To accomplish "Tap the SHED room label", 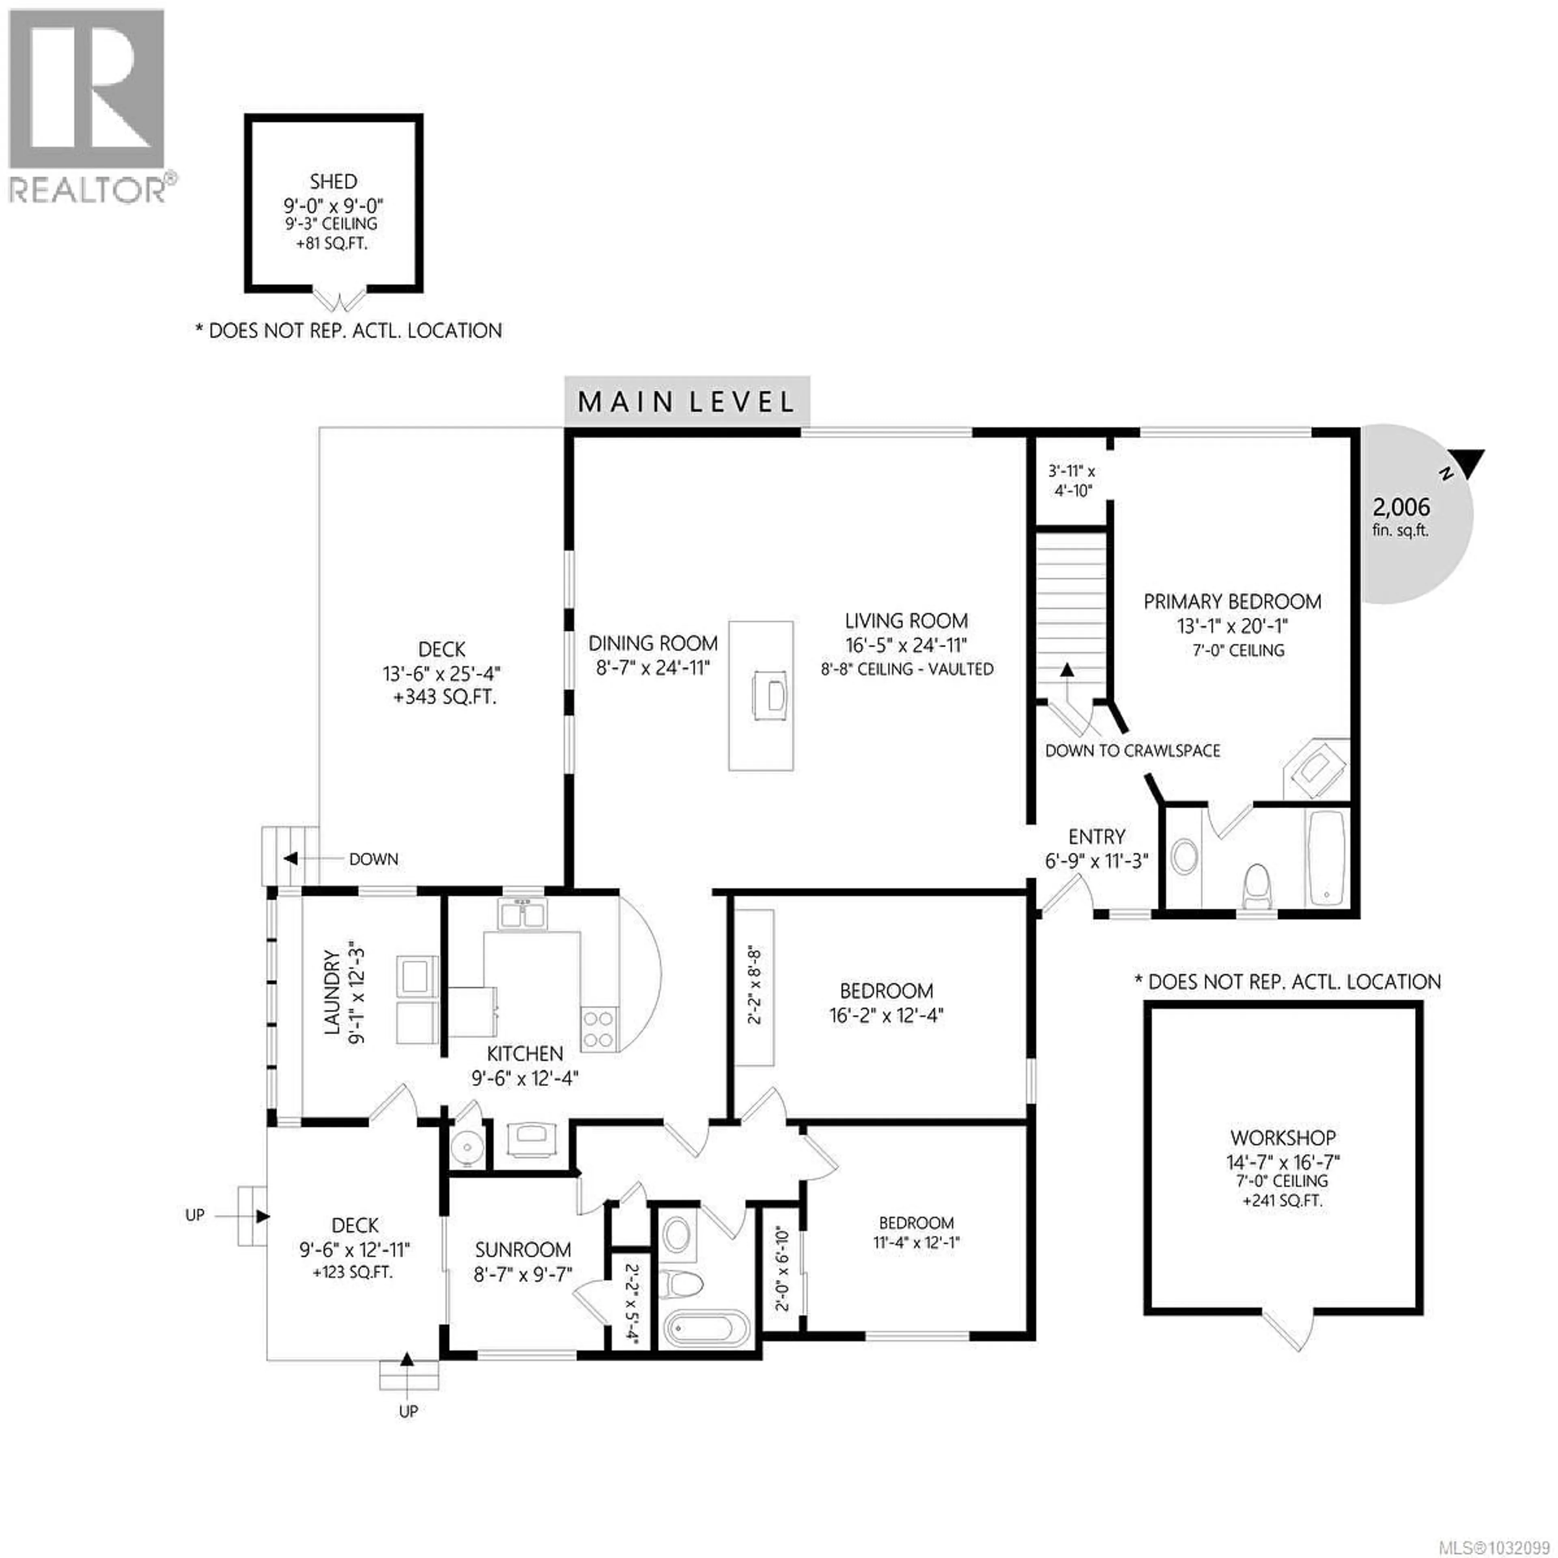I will point(333,181).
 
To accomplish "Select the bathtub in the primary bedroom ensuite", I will point(1325,857).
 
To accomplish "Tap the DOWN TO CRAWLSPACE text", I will point(1132,751).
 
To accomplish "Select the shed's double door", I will point(340,300).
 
